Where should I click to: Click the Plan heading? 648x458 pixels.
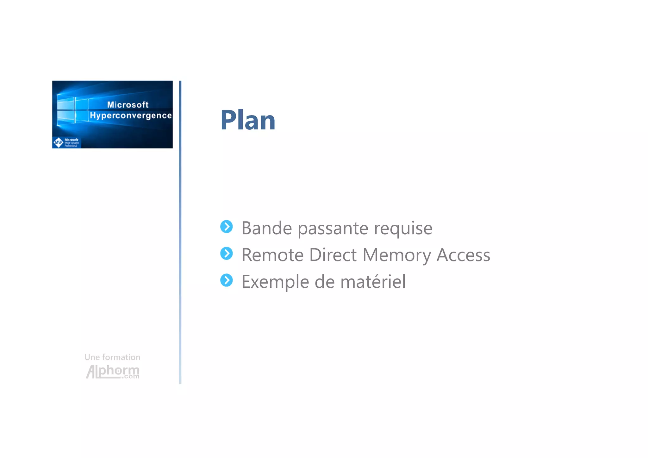click(248, 120)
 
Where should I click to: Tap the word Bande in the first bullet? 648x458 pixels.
click(266, 228)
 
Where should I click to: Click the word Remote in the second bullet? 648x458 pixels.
click(272, 255)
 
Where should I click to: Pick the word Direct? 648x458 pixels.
click(333, 255)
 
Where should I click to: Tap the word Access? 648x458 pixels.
click(463, 255)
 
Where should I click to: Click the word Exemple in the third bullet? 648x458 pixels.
click(275, 282)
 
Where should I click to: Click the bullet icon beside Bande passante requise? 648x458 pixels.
click(227, 227)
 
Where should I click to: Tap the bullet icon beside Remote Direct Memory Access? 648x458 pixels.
click(227, 253)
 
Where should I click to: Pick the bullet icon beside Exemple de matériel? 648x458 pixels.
click(227, 280)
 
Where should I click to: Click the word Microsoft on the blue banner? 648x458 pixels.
click(128, 105)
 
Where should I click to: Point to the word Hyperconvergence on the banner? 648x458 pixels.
click(131, 116)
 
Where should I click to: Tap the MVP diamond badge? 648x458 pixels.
click(59, 142)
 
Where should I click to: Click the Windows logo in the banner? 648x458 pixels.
click(72, 110)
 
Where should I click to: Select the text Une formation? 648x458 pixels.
click(112, 357)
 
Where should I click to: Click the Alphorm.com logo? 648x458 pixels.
click(113, 372)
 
